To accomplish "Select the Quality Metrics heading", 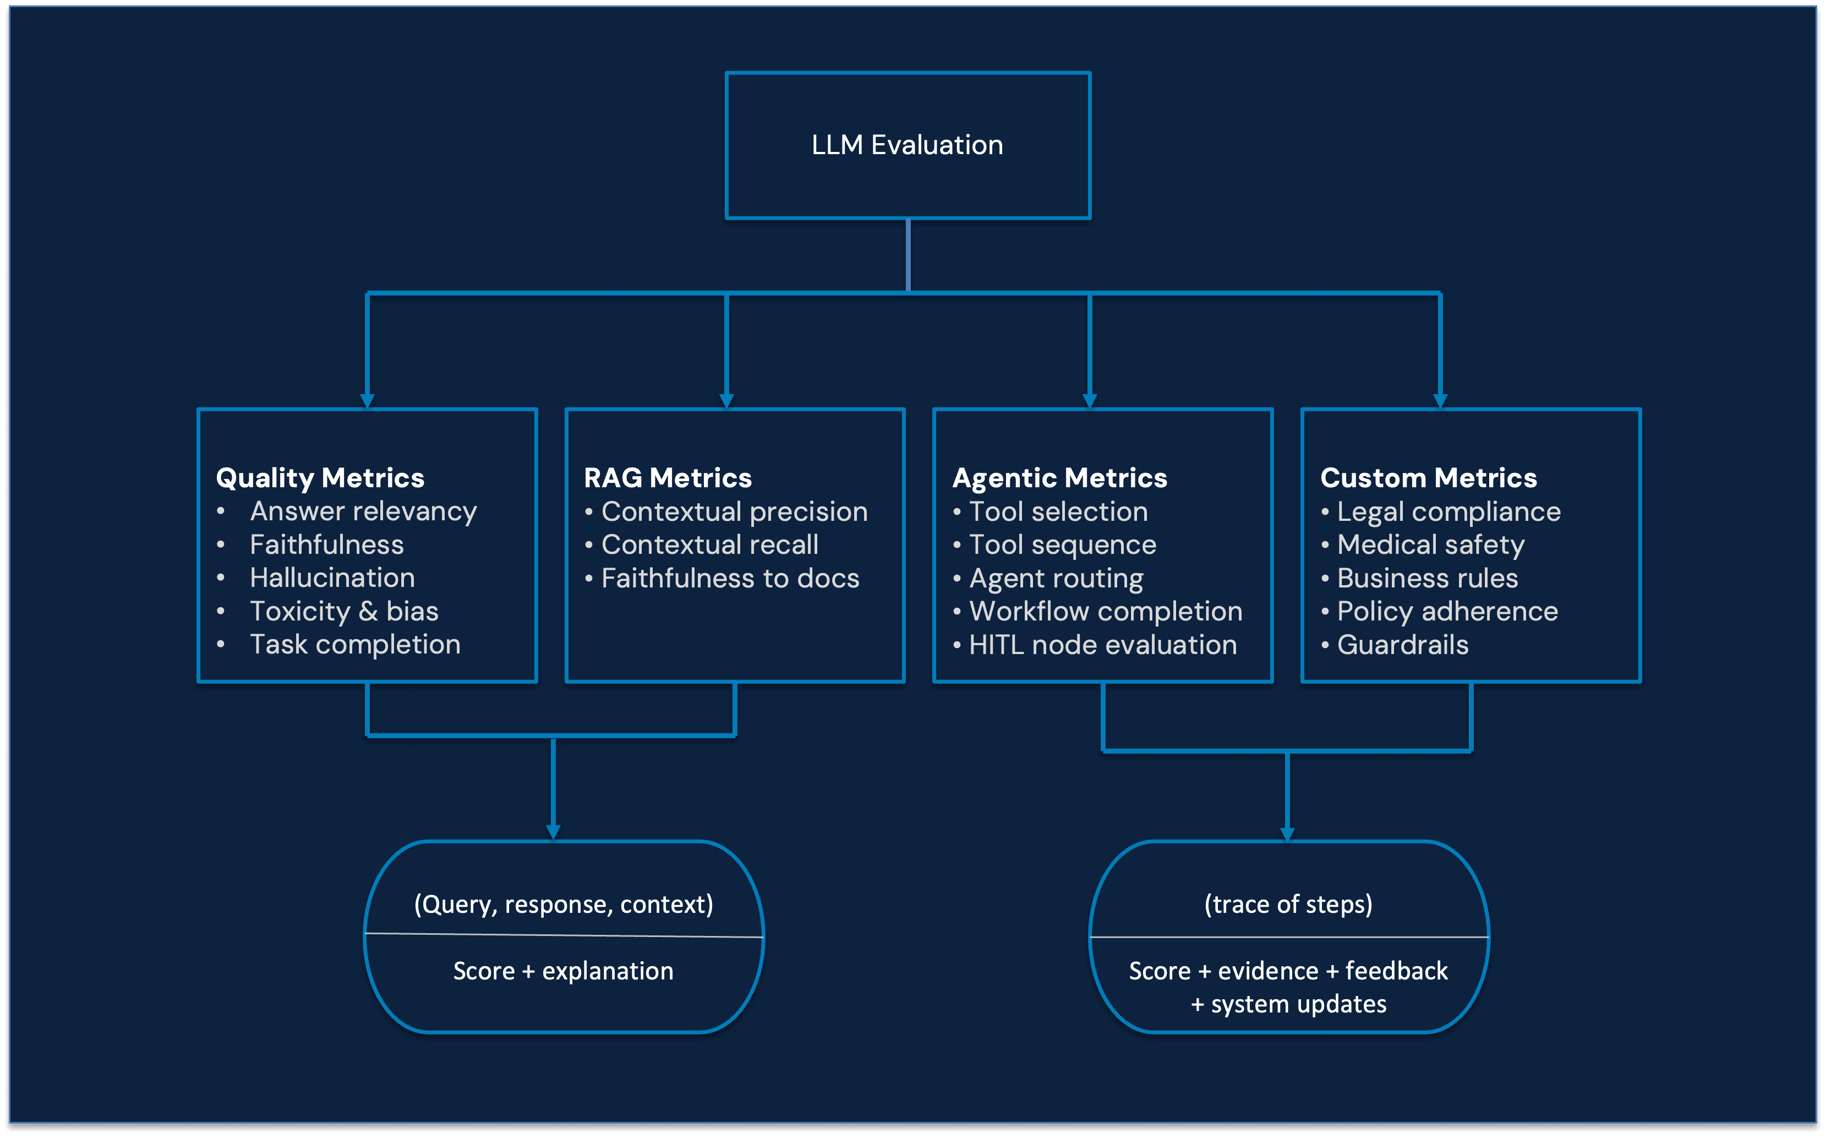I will pos(320,478).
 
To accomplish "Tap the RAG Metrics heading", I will pos(668,478).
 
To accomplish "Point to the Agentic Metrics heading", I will pos(1059,478).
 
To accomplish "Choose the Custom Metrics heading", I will pos(1428,478).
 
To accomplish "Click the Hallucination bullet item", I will pos(332,578).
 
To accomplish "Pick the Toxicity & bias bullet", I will pos(344,611).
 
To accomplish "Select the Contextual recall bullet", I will pos(709,545).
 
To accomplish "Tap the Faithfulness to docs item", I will pos(730,578).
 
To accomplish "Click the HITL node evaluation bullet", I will pos(1103,645).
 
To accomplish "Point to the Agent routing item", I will pos(1056,578).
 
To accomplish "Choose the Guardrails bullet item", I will pos(1402,645).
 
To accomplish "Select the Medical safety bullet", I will pos(1430,545).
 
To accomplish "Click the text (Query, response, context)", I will pos(564,904).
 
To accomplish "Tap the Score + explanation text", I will pos(564,971).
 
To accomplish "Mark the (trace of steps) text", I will pos(1288,904).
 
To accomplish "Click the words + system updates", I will pos(1288,1004).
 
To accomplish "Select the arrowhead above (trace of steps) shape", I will pos(1287,833).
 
